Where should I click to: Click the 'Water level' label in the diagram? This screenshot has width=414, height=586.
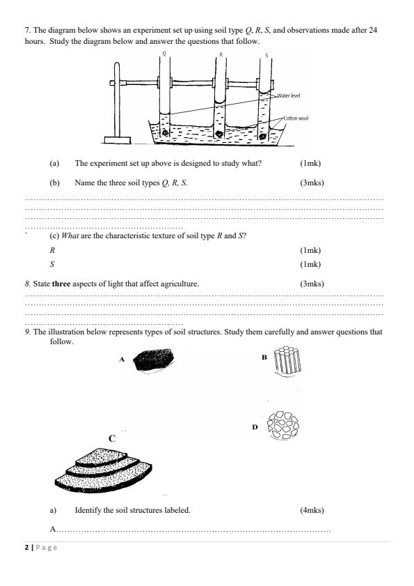pyautogui.click(x=288, y=94)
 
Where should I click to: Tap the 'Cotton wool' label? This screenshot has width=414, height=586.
pyautogui.click(x=296, y=118)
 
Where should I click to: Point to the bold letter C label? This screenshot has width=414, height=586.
pyautogui.click(x=111, y=438)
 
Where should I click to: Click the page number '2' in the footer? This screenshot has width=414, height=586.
pyautogui.click(x=26, y=547)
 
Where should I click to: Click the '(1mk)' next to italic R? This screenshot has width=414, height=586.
pyautogui.click(x=310, y=249)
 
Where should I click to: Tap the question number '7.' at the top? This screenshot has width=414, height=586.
pyautogui.click(x=28, y=31)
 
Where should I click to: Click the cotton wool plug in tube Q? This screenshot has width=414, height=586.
pyautogui.click(x=165, y=131)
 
